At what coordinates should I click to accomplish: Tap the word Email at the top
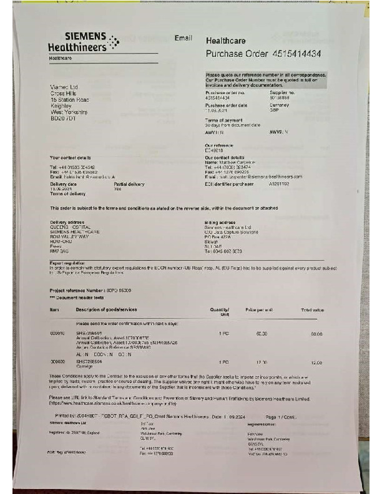pos(184,38)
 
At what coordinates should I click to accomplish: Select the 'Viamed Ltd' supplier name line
pos(64,87)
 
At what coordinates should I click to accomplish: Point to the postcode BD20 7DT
pos(62,118)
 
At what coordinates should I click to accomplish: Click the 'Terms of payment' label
pos(222,120)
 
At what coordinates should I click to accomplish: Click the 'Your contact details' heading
pos(71,157)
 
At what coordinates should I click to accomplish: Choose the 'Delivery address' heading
pos(67,221)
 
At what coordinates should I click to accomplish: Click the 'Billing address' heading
pos(220,221)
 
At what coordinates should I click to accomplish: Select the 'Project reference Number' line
pos(90,291)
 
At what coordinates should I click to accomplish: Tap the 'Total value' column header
pos(312,310)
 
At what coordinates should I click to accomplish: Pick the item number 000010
pos(57,334)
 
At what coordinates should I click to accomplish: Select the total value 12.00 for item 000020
pos(316,362)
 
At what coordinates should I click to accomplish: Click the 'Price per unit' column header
pos(260,310)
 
